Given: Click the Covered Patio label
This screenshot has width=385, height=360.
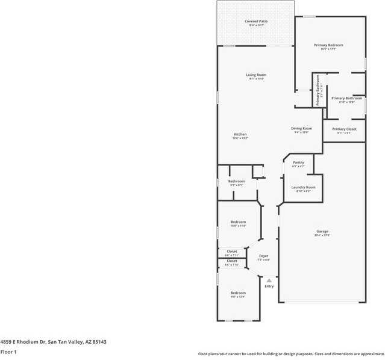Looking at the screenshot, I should (256, 22).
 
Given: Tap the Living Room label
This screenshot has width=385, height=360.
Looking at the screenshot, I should (255, 75).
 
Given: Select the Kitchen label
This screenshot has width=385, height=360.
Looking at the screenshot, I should (240, 134).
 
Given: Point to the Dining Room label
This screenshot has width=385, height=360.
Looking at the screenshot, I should (302, 128).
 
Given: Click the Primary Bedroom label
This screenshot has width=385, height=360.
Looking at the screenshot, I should (328, 45).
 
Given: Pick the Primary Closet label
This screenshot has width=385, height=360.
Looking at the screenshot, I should (344, 129).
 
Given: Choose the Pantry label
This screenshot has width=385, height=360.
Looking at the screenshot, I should (298, 162).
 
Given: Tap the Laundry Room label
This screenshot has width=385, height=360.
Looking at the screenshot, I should (303, 187).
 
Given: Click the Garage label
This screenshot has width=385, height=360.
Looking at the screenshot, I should (322, 231).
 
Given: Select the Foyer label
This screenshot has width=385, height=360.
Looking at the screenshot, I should (264, 256).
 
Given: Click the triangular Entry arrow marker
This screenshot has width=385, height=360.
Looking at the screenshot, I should (269, 280).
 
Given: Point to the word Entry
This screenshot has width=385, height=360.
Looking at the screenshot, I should (269, 286).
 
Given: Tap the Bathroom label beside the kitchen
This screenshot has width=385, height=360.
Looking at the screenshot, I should (236, 181).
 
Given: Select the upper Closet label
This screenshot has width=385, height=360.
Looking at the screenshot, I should (232, 251).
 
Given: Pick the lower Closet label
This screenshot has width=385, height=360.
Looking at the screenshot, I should (232, 261).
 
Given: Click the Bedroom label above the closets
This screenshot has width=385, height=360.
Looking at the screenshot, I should (238, 222).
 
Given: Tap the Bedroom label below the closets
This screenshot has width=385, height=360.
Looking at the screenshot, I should (238, 293).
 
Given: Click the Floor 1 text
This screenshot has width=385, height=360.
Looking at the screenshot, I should (8, 352).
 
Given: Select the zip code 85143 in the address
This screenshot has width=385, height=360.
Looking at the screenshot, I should (99, 341).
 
